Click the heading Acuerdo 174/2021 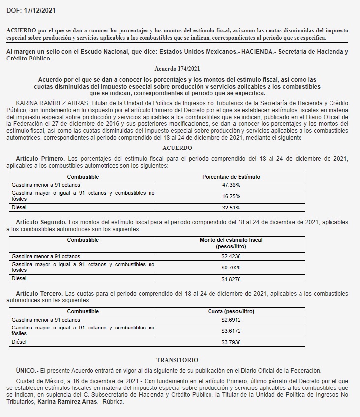click(x=177, y=69)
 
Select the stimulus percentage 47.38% click(x=231, y=185)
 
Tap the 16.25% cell click(x=231, y=196)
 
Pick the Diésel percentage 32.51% click(x=231, y=208)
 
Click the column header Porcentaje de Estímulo click(x=231, y=177)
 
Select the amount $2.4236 click(x=231, y=256)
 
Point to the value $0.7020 click(x=231, y=268)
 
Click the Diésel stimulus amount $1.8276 click(x=231, y=279)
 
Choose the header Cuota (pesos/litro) click(x=231, y=311)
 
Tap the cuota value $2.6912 click(x=231, y=320)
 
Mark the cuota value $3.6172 click(x=231, y=331)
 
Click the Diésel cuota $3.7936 click(x=231, y=342)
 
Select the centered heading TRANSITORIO click(x=177, y=360)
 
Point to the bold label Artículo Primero click(x=40, y=159)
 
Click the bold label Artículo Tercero click(x=40, y=294)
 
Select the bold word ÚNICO click(x=26, y=370)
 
